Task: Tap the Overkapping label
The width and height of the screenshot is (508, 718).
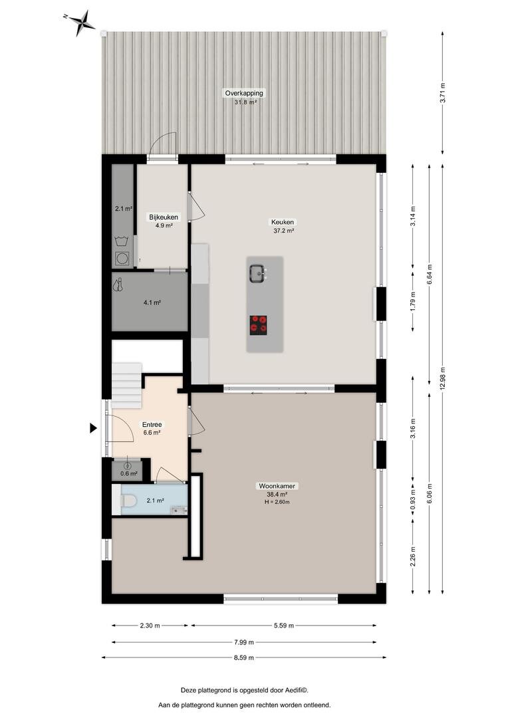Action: click(x=244, y=94)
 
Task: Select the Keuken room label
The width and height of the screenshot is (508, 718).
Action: click(x=283, y=223)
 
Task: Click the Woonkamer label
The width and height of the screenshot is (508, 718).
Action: click(x=277, y=486)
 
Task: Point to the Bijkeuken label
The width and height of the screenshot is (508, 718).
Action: click(x=164, y=217)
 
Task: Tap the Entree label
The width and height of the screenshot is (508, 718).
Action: click(x=152, y=424)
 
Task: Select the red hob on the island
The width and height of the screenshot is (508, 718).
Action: click(x=259, y=324)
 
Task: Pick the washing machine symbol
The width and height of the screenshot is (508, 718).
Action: click(x=122, y=258)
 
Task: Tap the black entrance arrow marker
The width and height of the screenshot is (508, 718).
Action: click(x=93, y=428)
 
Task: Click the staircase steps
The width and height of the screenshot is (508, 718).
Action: click(x=127, y=386)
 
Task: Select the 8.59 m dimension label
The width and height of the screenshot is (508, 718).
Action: click(x=243, y=658)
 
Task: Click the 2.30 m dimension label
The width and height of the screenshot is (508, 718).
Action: click(x=150, y=626)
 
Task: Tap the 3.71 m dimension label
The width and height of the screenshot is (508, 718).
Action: click(x=442, y=93)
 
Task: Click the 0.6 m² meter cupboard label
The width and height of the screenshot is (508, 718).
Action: click(x=129, y=473)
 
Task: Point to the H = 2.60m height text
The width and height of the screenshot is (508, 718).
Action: click(x=277, y=502)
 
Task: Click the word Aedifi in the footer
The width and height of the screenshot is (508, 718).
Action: click(x=297, y=690)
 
